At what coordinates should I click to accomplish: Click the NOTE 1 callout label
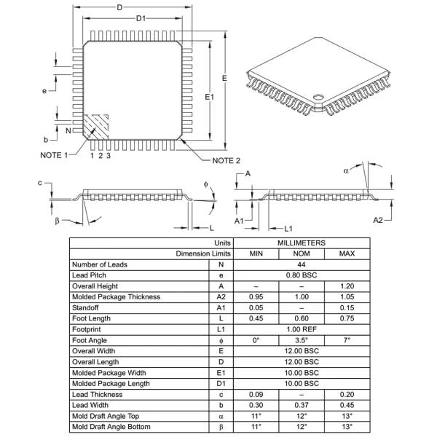[53, 155]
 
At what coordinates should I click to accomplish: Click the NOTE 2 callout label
[227, 160]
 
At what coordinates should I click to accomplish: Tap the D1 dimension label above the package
[141, 18]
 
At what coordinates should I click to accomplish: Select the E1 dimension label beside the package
[210, 95]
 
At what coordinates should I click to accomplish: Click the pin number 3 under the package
[109, 155]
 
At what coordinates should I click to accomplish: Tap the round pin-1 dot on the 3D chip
[318, 97]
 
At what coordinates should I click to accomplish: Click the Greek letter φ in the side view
[206, 184]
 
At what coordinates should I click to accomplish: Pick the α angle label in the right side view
[346, 171]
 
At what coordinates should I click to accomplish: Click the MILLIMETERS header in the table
[301, 242]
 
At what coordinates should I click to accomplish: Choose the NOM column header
[301, 253]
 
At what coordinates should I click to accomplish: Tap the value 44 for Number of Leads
[301, 264]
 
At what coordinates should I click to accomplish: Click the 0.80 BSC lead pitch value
[301, 275]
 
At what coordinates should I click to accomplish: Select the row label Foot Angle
[90, 340]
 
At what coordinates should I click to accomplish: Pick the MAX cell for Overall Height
[347, 286]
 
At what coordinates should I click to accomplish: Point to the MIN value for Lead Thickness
[256, 394]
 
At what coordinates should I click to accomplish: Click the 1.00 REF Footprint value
[301, 329]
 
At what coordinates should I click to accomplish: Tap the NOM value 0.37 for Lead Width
[301, 405]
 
